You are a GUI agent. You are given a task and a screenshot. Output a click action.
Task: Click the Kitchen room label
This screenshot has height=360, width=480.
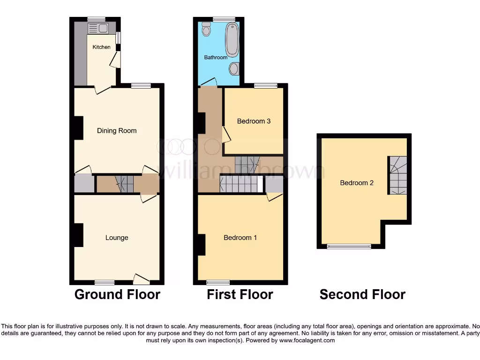tap(101, 47)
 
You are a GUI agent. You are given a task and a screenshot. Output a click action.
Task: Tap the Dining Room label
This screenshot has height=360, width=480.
tap(117, 131)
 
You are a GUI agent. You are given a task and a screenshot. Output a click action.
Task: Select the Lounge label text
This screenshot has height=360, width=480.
tap(117, 238)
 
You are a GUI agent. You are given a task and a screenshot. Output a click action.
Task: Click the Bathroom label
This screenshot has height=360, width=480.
tap(216, 58)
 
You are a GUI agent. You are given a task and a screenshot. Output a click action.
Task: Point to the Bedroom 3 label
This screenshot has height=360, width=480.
tap(254, 121)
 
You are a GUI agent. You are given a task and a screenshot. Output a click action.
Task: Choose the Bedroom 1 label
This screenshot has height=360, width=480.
tap(240, 238)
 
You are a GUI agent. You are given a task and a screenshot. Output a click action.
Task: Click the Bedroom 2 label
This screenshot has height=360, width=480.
tap(357, 183)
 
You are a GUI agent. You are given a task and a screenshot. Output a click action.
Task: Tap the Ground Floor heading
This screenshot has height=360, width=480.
tap(117, 294)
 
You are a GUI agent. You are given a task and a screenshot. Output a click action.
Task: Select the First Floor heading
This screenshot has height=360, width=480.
tap(240, 294)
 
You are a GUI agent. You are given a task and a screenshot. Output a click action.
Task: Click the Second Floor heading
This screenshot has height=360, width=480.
tap(362, 294)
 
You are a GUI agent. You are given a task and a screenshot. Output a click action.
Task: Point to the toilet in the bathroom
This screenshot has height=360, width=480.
tap(206, 30)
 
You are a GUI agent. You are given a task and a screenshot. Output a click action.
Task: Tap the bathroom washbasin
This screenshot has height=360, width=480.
tap(234, 69)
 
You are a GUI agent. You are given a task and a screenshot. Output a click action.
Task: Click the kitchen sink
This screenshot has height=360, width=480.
tap(98, 28)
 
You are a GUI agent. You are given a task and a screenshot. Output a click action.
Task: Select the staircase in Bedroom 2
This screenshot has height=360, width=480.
tap(397, 175)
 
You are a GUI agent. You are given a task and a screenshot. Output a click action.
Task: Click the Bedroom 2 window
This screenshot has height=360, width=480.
tap(349, 246)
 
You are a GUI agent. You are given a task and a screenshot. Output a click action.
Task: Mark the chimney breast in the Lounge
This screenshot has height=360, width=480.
tap(78, 235)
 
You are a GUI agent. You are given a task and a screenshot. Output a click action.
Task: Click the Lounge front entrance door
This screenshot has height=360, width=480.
tap(141, 279)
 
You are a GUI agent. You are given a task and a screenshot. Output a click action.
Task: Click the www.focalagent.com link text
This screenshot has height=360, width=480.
tap(307, 341)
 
